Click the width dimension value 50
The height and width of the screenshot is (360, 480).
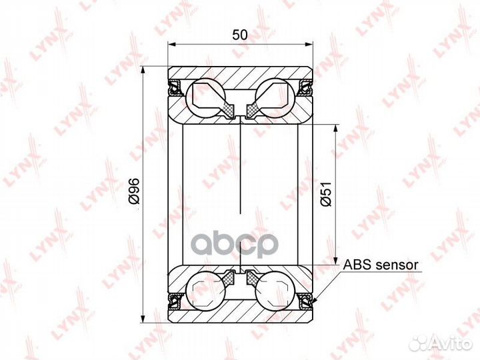click(x=240, y=35)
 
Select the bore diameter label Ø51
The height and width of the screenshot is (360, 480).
click(x=326, y=193)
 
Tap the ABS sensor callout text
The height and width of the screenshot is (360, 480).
click(x=381, y=265)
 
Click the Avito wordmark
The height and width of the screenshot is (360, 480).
click(x=451, y=343)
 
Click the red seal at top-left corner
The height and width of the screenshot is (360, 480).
click(x=175, y=87)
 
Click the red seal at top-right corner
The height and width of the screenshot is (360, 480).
click(x=306, y=87)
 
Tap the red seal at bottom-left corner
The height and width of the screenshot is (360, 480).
click(x=175, y=298)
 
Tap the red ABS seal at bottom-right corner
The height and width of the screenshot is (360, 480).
click(x=306, y=298)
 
